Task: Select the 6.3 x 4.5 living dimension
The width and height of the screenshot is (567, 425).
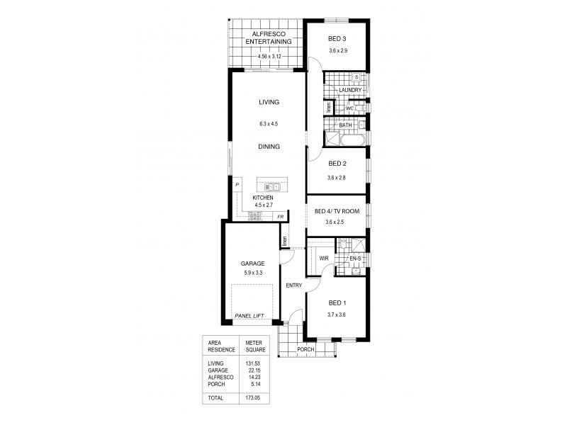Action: [269, 123]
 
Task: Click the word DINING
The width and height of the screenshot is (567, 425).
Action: [269, 147]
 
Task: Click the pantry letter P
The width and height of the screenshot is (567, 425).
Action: [237, 184]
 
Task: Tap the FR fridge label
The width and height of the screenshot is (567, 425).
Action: [281, 216]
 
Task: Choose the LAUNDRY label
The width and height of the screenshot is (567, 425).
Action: [350, 91]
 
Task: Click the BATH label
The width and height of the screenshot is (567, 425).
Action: [345, 125]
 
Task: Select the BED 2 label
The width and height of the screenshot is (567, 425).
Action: [337, 164]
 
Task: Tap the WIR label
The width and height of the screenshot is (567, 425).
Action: [323, 259]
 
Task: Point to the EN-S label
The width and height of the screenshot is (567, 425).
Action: [355, 260]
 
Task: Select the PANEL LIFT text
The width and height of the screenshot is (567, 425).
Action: [249, 315]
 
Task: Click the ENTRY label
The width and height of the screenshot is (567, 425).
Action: [294, 285]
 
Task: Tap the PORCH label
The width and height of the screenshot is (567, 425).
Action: [306, 349]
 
